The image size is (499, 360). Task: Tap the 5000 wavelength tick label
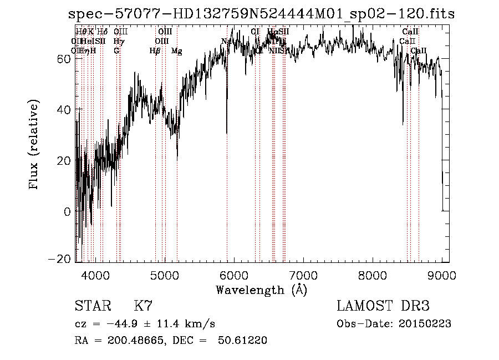pos(165,275)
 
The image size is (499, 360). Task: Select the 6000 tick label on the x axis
pos(234,275)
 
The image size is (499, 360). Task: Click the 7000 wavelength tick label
pos(303,275)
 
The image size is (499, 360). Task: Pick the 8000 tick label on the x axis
pos(373,275)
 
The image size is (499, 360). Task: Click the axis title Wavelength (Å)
pos(261,290)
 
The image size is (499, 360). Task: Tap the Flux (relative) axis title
pos(35,145)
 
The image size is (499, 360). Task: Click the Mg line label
pos(176,51)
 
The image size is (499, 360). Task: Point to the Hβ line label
pos(155,51)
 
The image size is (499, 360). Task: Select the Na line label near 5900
pos(226,42)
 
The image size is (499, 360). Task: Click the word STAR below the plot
pos(92,306)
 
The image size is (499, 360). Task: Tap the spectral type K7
pos(143,306)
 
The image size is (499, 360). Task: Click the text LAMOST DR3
pos(383,306)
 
